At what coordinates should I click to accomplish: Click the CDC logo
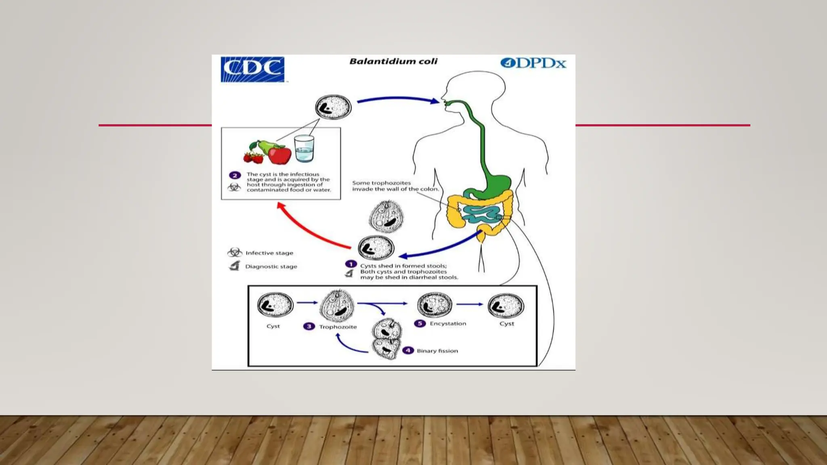point(252,69)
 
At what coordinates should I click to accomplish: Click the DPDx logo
point(533,63)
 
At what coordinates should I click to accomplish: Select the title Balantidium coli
point(393,61)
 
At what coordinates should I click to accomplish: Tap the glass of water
point(304,149)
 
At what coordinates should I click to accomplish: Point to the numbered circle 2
point(235,175)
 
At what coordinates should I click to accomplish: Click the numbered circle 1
point(351,264)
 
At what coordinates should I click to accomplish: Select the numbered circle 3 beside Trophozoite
point(309,326)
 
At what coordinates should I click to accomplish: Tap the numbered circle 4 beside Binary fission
point(408,350)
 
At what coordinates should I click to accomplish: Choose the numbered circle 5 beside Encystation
point(420,323)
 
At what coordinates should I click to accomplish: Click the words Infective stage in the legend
point(269,253)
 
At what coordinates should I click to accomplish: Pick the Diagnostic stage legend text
point(271,266)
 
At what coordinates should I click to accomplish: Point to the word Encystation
point(448,323)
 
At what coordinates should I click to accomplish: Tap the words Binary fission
point(437,351)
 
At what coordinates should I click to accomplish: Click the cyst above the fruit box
point(333,107)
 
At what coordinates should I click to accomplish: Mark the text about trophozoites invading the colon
point(395,186)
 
